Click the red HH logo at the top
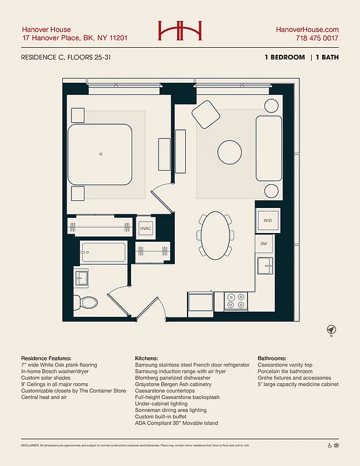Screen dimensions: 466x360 [179, 31]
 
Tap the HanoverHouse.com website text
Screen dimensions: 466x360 [307, 30]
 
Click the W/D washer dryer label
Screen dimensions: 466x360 [267, 221]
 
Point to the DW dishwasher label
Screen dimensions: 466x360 [263, 243]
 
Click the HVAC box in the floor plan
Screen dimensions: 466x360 [146, 228]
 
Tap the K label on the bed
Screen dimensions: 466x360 [101, 154]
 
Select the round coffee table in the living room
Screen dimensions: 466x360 [230, 153]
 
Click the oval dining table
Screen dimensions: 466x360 [216, 235]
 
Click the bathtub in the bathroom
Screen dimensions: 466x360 [103, 253]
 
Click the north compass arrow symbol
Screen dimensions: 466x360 [331, 329]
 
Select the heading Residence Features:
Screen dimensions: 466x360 [46, 358]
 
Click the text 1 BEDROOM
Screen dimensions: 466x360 [284, 58]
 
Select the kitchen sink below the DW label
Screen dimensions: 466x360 [265, 265]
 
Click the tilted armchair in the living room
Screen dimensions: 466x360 [205, 114]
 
